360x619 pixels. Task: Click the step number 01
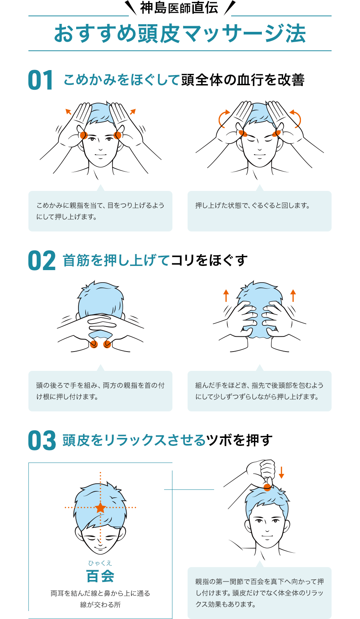tap(41, 80)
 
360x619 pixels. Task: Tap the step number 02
tap(41, 260)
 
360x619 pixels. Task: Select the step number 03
tap(42, 440)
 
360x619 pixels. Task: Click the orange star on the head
tap(100, 508)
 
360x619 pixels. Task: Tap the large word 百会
tap(100, 576)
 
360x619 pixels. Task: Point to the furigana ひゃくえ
tap(100, 563)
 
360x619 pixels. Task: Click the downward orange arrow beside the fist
tap(281, 472)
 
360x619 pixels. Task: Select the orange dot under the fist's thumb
tap(267, 487)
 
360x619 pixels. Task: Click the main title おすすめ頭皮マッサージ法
tap(180, 34)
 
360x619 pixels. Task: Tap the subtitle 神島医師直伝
tap(179, 8)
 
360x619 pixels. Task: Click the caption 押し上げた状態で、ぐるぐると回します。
tap(252, 206)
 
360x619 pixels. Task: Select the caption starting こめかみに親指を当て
tap(100, 211)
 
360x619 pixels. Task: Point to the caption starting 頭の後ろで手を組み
tap(100, 391)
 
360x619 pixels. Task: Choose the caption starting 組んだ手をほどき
tap(259, 391)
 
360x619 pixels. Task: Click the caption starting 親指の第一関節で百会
tap(259, 593)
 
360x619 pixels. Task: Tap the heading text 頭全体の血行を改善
tap(243, 80)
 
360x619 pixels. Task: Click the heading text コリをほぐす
tap(209, 260)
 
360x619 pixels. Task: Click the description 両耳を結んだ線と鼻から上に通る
tap(100, 593)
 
